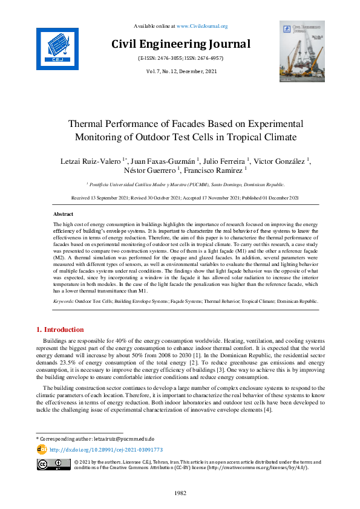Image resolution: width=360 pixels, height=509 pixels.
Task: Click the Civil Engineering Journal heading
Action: (180, 44)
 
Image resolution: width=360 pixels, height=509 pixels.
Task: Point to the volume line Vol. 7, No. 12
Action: (180, 71)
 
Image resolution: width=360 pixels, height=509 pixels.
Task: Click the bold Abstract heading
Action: (64, 215)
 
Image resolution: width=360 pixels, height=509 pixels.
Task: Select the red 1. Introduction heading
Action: (61, 329)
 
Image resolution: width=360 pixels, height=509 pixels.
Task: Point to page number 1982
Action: (180, 494)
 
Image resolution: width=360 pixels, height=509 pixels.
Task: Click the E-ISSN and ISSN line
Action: (180, 58)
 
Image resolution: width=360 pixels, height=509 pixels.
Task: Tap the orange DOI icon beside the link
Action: (42, 449)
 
